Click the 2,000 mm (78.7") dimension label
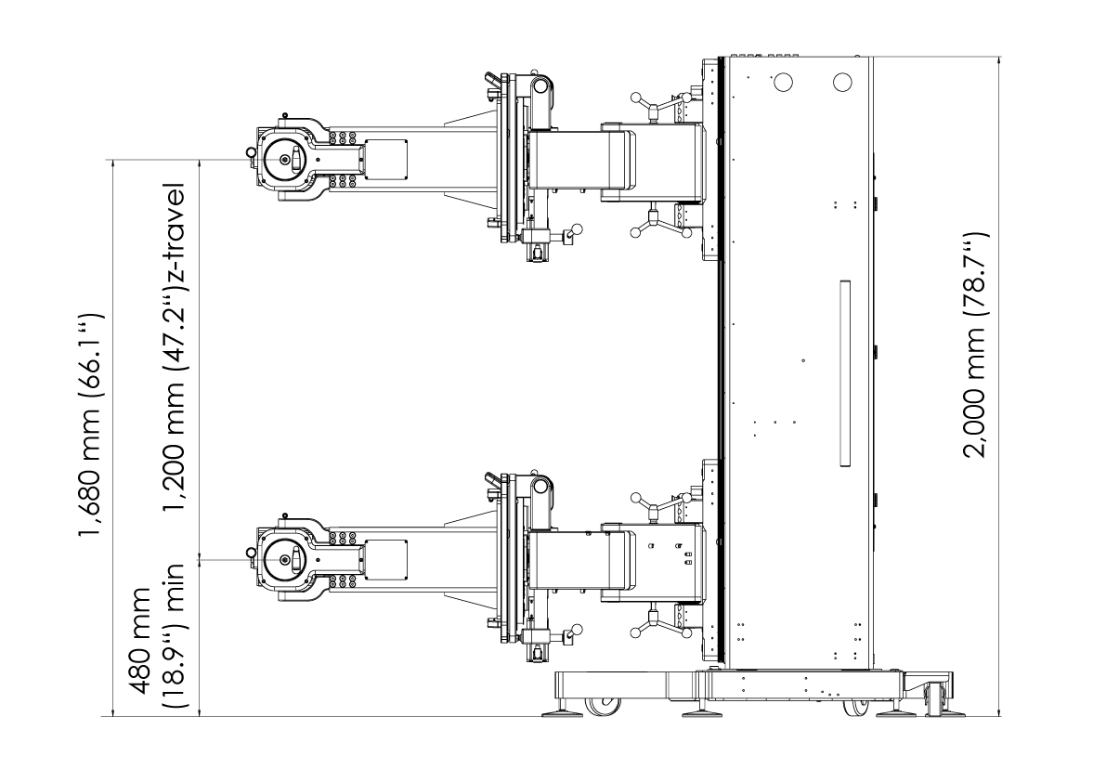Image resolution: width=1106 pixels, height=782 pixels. coord(976,345)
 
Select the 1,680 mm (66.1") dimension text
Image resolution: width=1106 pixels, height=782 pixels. coord(91,425)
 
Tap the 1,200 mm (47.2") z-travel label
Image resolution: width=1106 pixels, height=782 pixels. coord(173,348)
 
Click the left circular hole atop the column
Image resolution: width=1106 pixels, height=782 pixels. coord(783,83)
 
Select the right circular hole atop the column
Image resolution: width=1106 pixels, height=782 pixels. coord(842,83)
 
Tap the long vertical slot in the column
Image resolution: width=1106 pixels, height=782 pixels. coord(845,373)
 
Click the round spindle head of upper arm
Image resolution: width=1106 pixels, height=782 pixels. coord(285,160)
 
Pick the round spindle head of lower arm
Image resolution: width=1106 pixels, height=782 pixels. coord(285,559)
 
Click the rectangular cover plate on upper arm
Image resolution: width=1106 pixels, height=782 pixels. coord(385,160)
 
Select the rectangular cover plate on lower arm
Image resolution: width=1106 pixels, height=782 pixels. coord(385,560)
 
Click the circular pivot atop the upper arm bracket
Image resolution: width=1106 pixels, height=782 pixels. coord(541,86)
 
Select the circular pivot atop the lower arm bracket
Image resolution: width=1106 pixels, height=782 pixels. coord(541,486)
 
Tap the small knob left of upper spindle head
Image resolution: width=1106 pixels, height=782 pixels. coord(251,152)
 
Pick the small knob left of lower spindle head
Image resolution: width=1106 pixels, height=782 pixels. coord(251,553)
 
